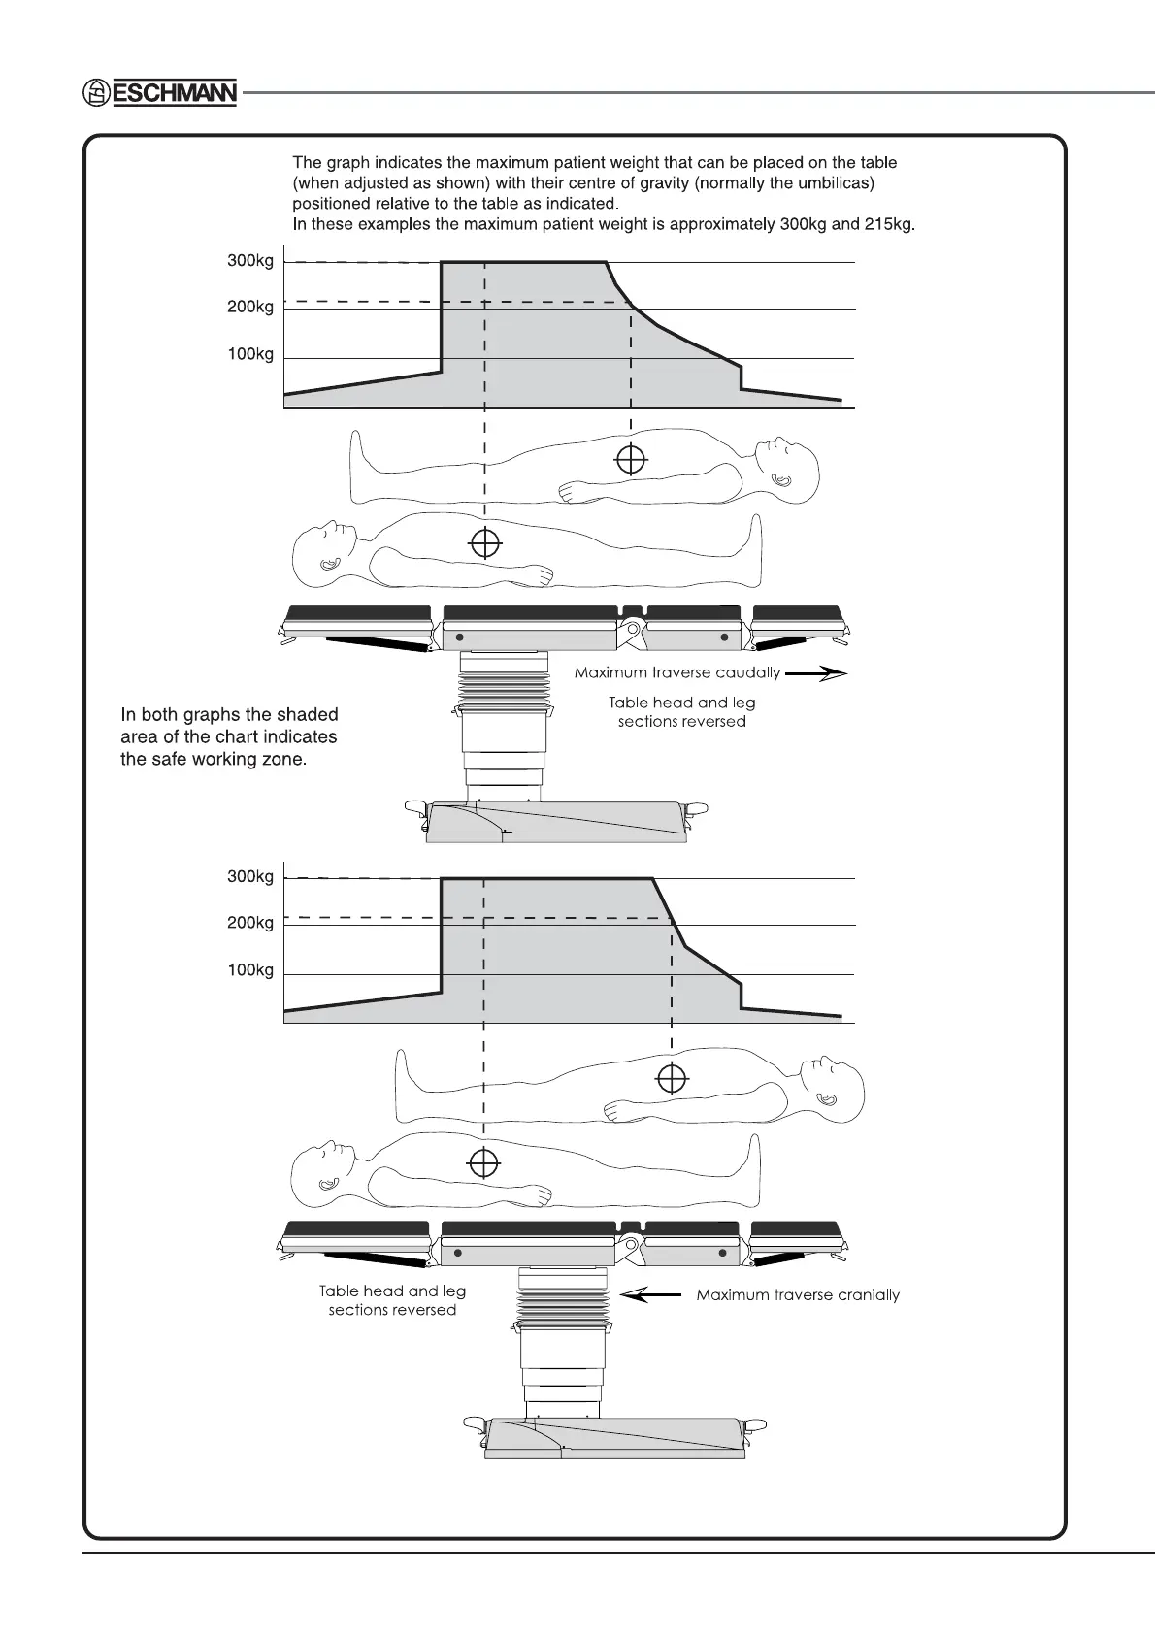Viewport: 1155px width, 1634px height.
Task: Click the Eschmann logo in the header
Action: click(159, 92)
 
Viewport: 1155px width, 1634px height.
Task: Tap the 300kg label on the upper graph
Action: click(250, 261)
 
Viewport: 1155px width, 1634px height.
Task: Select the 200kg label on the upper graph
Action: click(250, 307)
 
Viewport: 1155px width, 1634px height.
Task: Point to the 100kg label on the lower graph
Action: click(250, 970)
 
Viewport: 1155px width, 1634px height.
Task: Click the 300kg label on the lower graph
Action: click(250, 876)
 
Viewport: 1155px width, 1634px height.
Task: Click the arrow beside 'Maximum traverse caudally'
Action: click(816, 673)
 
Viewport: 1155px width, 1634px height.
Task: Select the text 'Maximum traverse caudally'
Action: click(676, 672)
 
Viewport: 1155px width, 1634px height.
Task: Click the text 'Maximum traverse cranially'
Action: click(798, 1294)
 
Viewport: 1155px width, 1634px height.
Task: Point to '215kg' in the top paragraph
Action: click(890, 224)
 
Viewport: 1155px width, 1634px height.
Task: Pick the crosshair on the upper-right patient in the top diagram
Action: click(631, 459)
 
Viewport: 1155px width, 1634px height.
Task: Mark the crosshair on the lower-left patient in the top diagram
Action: click(485, 543)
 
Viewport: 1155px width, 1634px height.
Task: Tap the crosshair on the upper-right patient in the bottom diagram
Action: click(672, 1078)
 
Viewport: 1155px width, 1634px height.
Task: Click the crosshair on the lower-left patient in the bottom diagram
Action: click(483, 1161)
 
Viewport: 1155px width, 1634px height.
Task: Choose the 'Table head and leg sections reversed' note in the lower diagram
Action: click(392, 1300)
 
